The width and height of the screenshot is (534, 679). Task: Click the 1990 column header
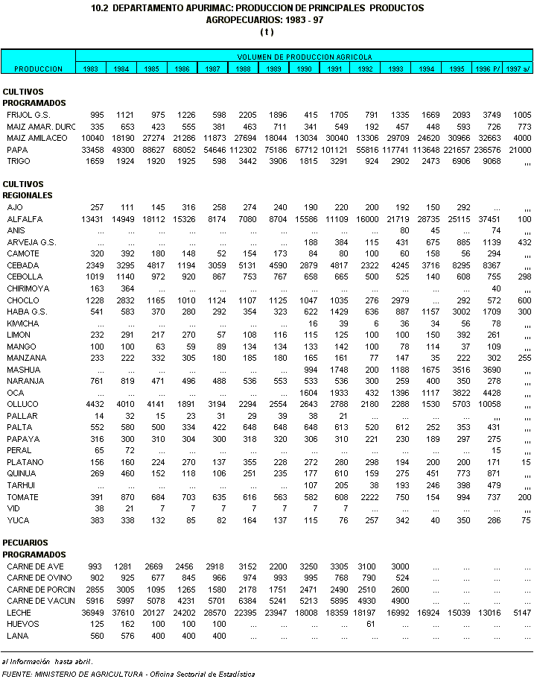[x=305, y=69]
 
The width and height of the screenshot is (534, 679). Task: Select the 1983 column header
[x=91, y=69]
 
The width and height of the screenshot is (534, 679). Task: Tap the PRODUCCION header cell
[x=38, y=69]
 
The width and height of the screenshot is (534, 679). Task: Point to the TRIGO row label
[x=18, y=161]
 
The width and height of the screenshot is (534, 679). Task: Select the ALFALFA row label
[x=25, y=219]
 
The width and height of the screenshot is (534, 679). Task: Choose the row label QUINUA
[x=22, y=474]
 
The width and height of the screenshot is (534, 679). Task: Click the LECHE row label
[x=19, y=613]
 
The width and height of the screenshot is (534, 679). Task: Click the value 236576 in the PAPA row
[x=487, y=149]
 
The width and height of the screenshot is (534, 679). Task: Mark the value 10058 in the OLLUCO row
[x=487, y=405]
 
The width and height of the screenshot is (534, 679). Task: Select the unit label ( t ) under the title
[x=267, y=31]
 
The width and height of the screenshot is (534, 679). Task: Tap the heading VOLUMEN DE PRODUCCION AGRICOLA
[x=305, y=57]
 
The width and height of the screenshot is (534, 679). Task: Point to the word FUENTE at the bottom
[x=16, y=674]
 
